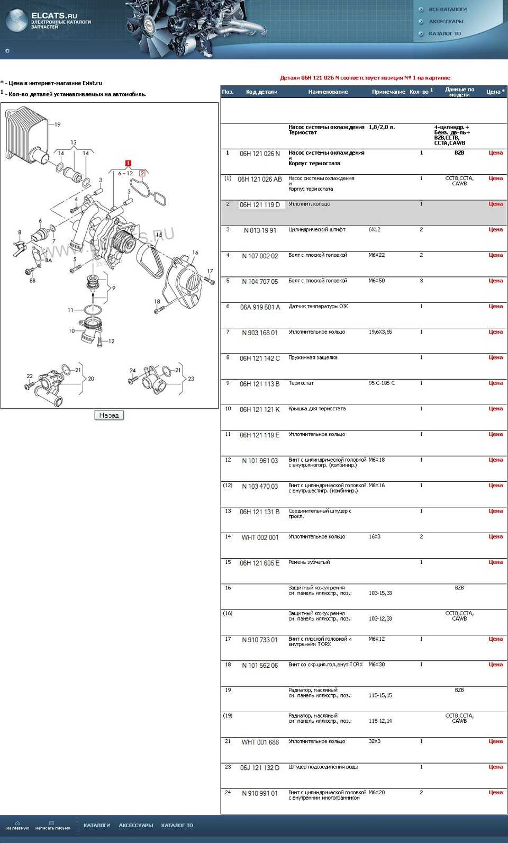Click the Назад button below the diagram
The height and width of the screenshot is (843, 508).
click(x=109, y=415)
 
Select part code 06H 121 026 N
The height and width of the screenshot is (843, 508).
click(x=259, y=154)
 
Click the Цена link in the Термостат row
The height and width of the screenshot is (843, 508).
click(x=495, y=383)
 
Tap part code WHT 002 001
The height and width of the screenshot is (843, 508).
click(x=259, y=537)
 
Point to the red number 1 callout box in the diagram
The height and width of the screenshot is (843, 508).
click(x=128, y=163)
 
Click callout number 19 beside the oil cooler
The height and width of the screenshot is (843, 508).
click(x=57, y=124)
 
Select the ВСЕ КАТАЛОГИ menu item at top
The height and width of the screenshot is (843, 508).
click(x=447, y=10)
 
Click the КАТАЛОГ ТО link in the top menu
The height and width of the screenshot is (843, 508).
click(x=444, y=33)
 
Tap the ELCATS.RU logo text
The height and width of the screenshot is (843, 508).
click(x=54, y=15)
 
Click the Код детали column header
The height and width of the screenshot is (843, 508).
click(x=261, y=92)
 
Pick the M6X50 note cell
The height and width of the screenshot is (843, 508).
click(x=376, y=281)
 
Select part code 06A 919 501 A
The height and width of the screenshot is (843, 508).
click(x=259, y=307)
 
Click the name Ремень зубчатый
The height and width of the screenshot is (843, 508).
click(x=309, y=562)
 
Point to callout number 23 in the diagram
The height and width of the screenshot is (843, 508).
click(x=191, y=379)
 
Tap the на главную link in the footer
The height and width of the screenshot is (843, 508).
click(x=17, y=826)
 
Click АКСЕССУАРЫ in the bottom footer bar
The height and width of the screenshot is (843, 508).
click(x=135, y=825)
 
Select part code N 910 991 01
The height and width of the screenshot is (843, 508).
click(x=259, y=793)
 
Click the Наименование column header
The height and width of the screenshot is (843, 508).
click(x=328, y=92)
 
